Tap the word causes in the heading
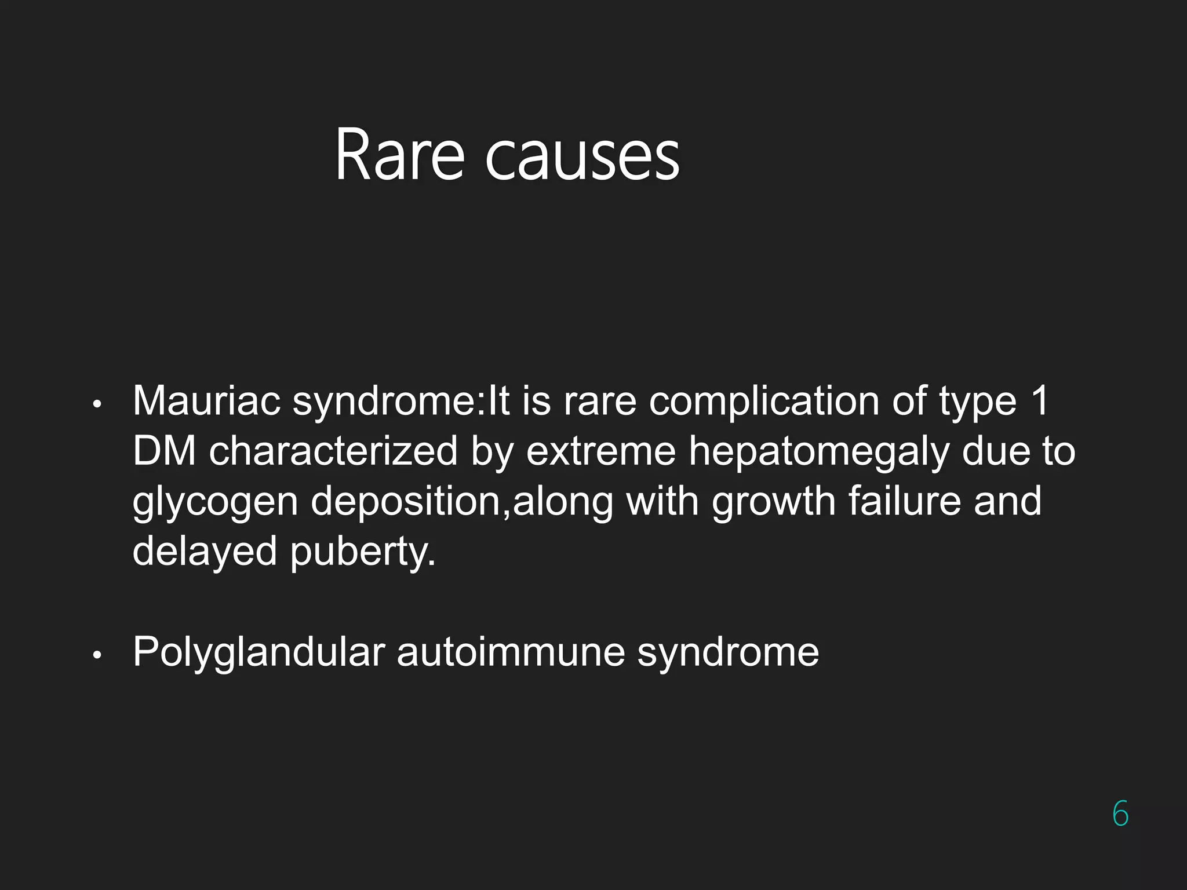coord(582,158)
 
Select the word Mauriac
coord(206,400)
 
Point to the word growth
coord(774,501)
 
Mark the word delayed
coord(205,551)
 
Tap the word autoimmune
coord(511,652)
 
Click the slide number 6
coord(1120,814)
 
